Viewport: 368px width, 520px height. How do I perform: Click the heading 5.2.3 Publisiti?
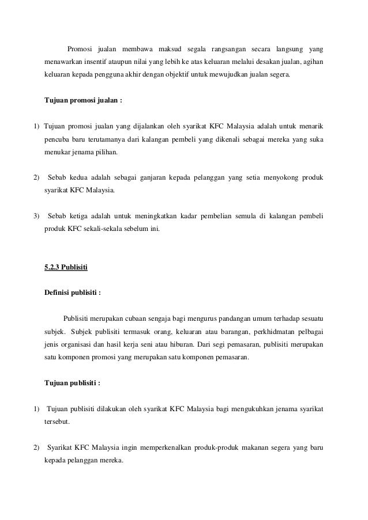[x=66, y=267]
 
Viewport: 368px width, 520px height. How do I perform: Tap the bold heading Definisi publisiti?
[x=73, y=292]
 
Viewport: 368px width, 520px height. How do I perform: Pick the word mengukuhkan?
[x=254, y=409]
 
